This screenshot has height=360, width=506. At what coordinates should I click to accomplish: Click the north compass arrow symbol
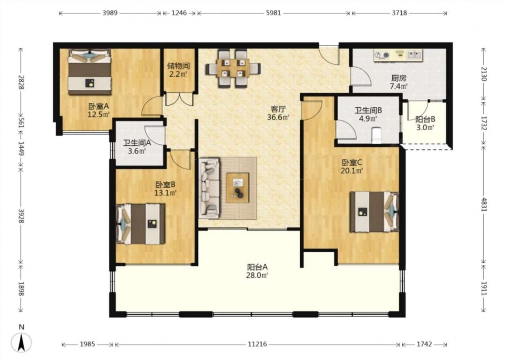21,342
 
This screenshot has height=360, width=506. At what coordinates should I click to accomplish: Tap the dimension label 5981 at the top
273,13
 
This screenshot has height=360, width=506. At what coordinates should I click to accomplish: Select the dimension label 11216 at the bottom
257,344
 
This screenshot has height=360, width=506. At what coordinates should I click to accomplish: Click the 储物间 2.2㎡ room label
179,70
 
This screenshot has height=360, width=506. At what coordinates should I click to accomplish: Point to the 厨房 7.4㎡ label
399,82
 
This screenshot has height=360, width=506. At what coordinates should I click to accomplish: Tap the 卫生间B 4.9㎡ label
368,114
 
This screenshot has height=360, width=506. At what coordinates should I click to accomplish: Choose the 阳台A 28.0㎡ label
258,271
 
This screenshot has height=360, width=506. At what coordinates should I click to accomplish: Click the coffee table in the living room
237,187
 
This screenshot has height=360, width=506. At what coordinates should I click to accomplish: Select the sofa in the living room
209,187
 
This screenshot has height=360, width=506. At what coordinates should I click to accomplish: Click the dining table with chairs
233,68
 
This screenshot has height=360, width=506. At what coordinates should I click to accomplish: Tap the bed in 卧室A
90,72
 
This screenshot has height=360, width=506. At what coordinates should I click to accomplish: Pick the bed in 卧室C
374,212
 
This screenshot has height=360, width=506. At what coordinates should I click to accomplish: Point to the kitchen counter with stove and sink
398,55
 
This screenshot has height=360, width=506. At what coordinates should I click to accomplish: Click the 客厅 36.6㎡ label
278,113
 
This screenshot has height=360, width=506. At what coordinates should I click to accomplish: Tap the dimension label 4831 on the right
483,204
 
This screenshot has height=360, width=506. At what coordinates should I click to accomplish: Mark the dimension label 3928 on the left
21,215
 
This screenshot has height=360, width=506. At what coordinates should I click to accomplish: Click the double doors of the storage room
179,99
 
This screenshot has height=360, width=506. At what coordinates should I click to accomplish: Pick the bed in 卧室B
141,224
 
